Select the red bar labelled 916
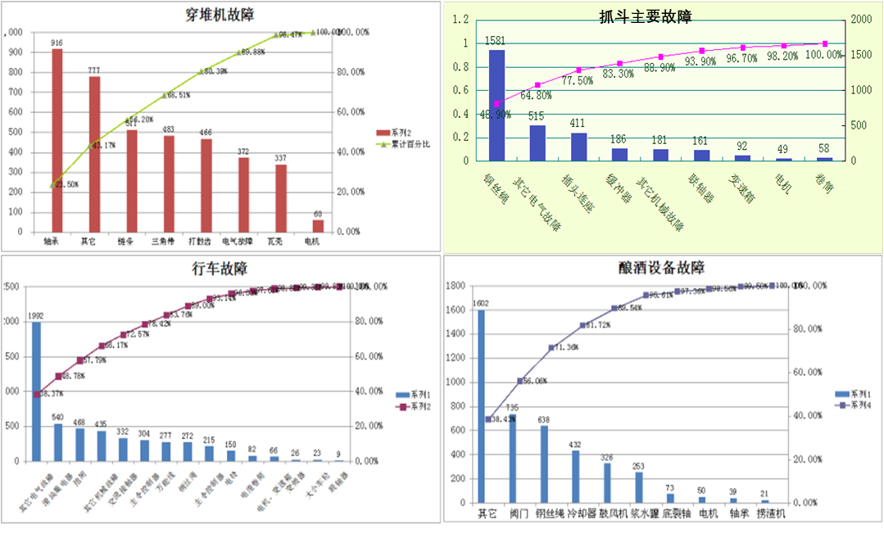coord(57,139)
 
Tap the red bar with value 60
coord(318,225)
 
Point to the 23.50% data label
coord(66,185)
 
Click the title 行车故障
coord(220,269)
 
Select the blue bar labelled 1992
coord(36,393)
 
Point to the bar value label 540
coord(58,417)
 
